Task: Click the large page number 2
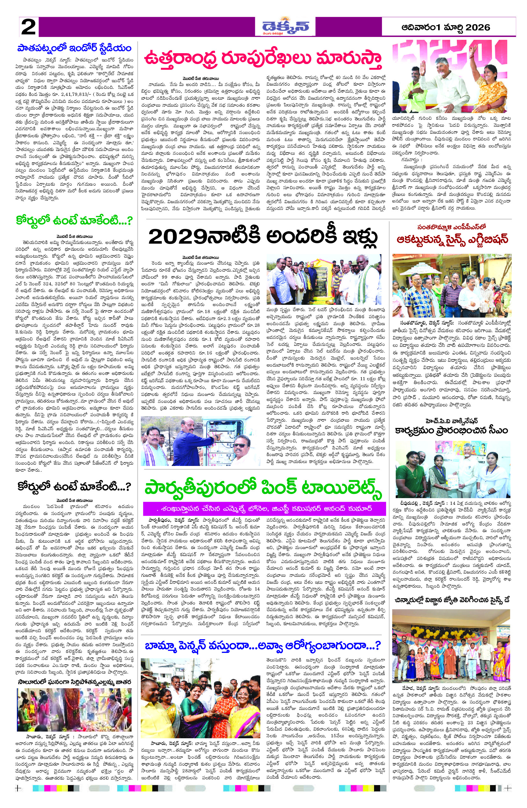click(28, 27)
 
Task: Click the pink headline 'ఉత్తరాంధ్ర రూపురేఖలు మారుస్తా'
click(263, 58)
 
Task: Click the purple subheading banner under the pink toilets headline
click(264, 509)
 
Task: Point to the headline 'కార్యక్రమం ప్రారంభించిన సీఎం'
click(451, 431)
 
